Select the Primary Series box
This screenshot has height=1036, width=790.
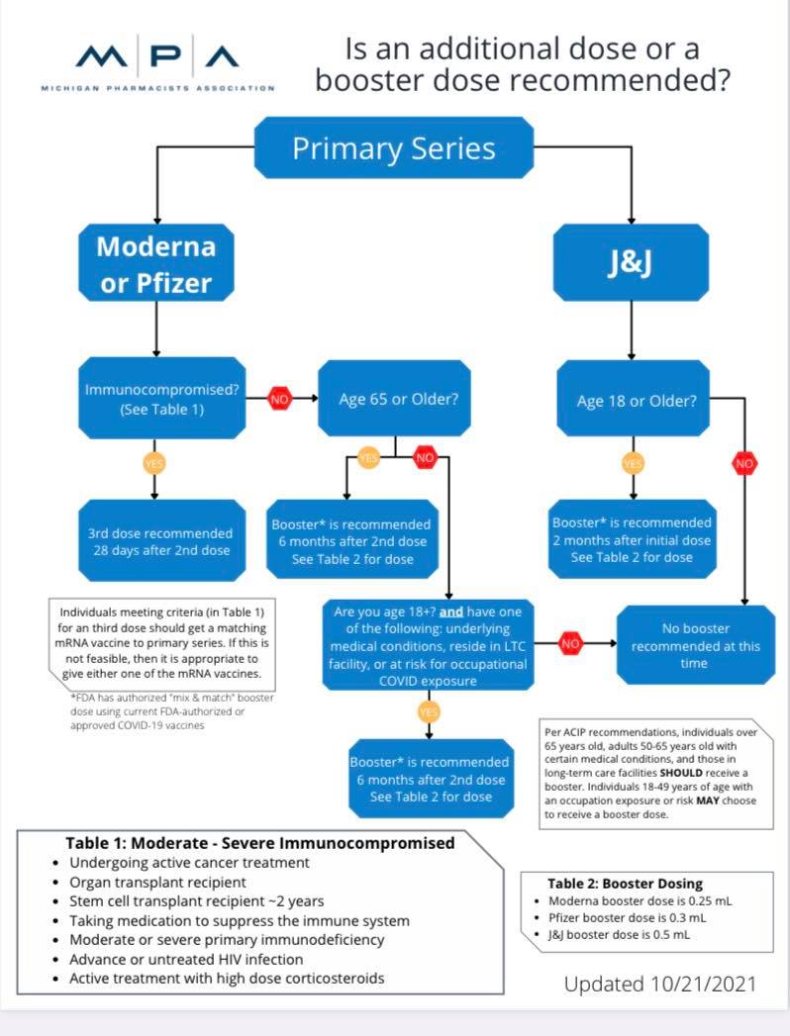(394, 148)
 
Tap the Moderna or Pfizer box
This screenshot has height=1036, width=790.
(155, 264)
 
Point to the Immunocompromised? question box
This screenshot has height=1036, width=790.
(162, 399)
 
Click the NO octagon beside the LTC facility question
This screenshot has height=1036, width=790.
(570, 643)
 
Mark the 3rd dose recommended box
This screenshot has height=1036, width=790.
(160, 541)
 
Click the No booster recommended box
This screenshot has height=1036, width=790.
(696, 645)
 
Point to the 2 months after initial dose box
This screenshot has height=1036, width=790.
(632, 539)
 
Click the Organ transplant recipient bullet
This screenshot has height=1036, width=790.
(157, 882)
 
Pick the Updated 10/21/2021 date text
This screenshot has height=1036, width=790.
(660, 984)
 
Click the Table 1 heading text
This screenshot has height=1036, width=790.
(259, 843)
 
